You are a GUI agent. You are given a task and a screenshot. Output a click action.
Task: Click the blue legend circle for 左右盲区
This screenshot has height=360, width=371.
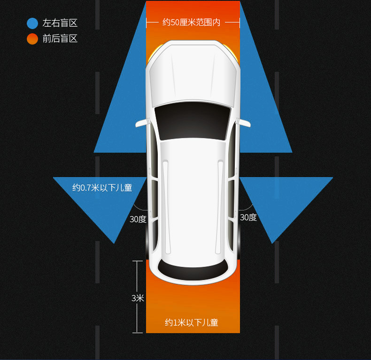coord(32,23)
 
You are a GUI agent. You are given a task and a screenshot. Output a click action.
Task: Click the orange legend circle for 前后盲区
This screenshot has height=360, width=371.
coord(32,39)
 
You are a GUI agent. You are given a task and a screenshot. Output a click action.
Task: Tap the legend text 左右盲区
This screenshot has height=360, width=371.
coord(60,23)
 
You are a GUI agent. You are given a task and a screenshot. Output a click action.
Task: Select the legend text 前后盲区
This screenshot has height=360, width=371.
coord(60,39)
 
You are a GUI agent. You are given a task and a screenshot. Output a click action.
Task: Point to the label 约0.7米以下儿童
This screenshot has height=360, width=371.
coord(102,188)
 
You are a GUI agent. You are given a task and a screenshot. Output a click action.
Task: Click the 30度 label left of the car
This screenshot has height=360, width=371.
coord(138,219)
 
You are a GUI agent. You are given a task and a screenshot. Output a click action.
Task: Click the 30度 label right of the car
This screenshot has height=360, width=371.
coord(248,217)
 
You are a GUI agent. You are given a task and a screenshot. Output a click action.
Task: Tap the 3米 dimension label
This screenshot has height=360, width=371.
coord(138,298)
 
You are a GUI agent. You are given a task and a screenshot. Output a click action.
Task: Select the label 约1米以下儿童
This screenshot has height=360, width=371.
coord(192,322)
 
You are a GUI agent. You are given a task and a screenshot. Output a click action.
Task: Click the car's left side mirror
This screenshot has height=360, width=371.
coord(141,123)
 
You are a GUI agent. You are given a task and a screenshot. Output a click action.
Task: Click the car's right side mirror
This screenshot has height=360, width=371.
coord(244,123)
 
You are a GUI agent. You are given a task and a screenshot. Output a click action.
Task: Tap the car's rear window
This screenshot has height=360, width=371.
coord(193,269)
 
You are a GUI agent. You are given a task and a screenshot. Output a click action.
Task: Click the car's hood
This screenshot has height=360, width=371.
coord(193,75)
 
